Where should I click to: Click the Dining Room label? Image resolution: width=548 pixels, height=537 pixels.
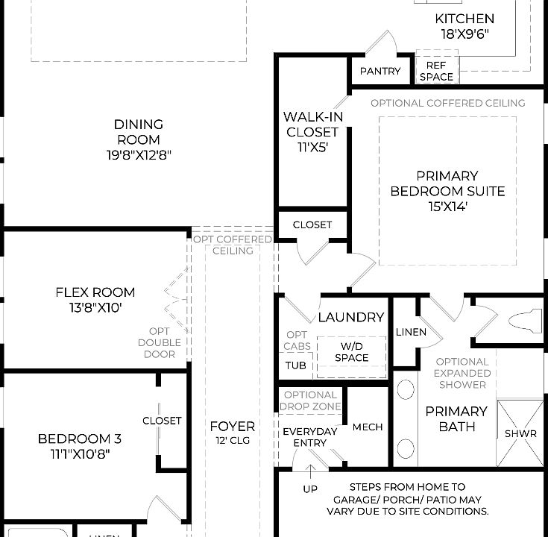point(139,139)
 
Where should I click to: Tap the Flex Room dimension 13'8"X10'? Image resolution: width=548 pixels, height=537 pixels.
point(95,307)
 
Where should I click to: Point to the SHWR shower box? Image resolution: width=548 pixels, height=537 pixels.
point(520,433)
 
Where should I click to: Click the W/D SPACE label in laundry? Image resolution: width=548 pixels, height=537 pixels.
point(351,352)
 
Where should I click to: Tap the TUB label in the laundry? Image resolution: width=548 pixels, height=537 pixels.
point(295,366)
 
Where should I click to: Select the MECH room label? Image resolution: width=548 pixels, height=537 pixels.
point(367,427)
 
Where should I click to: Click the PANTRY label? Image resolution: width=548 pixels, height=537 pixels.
point(380,72)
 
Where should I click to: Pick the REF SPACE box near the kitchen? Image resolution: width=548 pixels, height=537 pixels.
point(436,71)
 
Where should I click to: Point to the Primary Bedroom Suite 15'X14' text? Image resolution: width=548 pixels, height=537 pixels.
point(447,191)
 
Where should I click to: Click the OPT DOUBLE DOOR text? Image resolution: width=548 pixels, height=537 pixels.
point(159,342)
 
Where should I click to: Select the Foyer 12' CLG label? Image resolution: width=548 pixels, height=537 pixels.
point(232,433)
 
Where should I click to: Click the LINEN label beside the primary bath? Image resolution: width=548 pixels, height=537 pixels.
point(411,332)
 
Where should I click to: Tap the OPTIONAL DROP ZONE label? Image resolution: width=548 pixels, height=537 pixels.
point(310,401)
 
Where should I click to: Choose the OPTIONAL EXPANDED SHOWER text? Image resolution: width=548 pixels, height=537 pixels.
point(462,373)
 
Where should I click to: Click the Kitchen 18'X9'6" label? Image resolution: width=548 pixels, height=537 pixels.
point(464,25)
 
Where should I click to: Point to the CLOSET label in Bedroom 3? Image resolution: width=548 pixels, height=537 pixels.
point(162,421)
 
